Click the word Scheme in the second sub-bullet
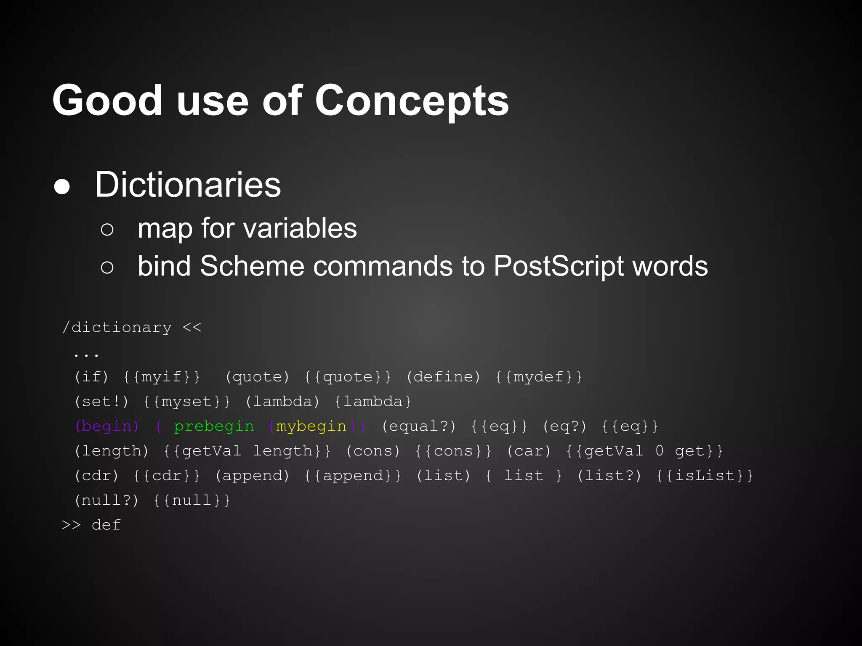(252, 266)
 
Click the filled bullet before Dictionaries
(62, 187)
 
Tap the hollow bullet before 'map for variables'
(107, 230)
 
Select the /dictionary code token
(117, 327)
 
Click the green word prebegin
(214, 426)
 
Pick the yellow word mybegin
(311, 426)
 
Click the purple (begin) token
(106, 426)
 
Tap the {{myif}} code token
(162, 376)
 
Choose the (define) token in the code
(443, 376)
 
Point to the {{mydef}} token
(539, 376)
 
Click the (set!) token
(101, 401)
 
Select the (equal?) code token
(418, 426)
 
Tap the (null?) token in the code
(106, 500)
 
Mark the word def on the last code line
(106, 525)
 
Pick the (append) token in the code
(252, 476)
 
